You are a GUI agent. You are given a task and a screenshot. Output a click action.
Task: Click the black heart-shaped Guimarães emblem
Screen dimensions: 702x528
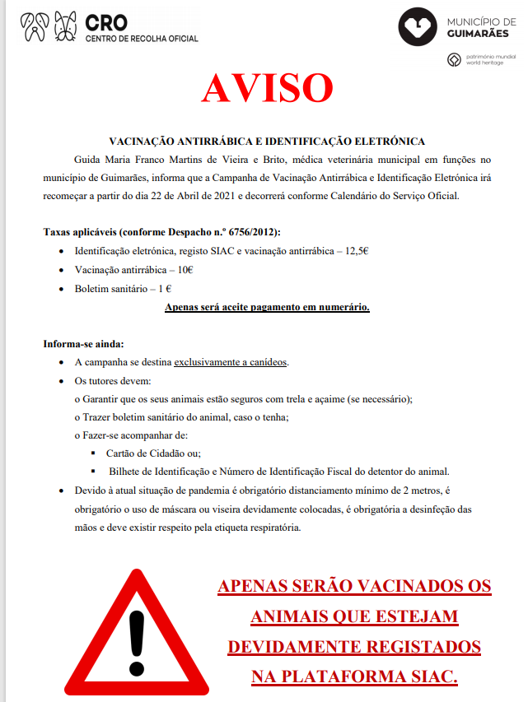pyautogui.click(x=419, y=27)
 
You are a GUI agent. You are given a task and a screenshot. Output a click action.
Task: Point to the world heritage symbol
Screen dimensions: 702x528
pyautogui.click(x=453, y=60)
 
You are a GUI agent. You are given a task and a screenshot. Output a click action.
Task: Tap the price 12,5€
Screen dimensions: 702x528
pyautogui.click(x=356, y=250)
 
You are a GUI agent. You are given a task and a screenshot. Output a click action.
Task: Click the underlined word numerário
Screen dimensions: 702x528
pyautogui.click(x=339, y=308)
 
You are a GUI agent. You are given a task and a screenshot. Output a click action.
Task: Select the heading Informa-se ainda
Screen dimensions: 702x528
pyautogui.click(x=83, y=343)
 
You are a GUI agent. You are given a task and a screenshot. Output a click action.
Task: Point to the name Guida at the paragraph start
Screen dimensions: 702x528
pyautogui.click(x=89, y=159)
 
